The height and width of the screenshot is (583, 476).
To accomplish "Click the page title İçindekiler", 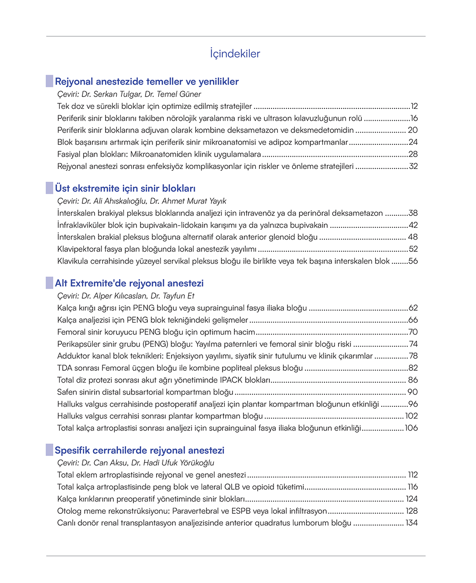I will click(x=235, y=54).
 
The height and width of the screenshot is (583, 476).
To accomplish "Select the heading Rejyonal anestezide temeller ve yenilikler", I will click(x=147, y=82).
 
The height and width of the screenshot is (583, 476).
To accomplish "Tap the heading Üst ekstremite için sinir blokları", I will click(x=125, y=189).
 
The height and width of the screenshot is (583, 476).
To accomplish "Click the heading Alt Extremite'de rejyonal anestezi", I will click(x=129, y=283).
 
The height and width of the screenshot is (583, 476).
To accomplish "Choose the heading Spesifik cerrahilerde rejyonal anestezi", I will click(x=140, y=450).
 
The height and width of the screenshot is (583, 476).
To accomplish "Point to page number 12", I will click(x=414, y=107).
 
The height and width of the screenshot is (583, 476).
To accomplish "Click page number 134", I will click(x=411, y=523).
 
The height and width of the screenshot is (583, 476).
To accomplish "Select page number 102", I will click(x=411, y=416).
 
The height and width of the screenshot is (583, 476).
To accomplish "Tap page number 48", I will click(x=413, y=237).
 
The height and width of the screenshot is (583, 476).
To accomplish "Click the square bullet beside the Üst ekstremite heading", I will click(x=50, y=188).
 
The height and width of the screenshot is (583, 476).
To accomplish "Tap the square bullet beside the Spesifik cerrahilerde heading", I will click(x=50, y=450).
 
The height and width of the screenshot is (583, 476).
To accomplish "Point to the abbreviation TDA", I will click(x=65, y=368).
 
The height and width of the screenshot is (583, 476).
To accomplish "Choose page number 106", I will click(x=411, y=428).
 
